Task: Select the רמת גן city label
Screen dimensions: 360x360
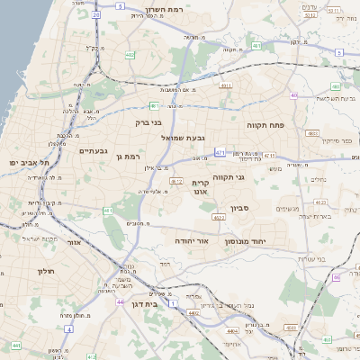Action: [x=131, y=157]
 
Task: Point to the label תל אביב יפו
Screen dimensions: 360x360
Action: [x=28, y=162]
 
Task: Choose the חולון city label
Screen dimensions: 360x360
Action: [x=46, y=270]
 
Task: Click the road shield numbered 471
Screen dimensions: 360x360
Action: [x=220, y=153]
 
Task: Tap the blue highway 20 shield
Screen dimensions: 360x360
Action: [x=96, y=15]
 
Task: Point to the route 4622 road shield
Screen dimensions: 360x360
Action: [x=219, y=217]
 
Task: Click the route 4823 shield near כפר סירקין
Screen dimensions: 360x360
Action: [x=312, y=132]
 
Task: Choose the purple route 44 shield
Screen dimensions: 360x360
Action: [x=16, y=345]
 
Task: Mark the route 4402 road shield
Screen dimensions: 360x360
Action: [x=193, y=313]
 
